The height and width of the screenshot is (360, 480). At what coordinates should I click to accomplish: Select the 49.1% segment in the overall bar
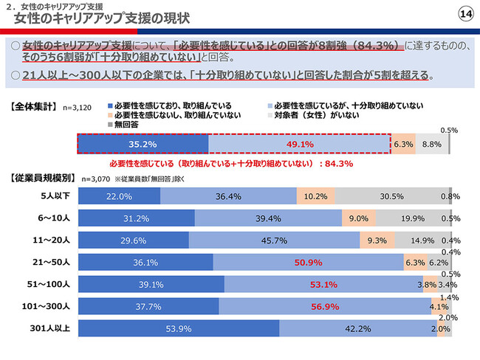coord(299,145)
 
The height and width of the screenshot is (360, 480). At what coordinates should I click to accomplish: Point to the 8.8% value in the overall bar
coord(431,145)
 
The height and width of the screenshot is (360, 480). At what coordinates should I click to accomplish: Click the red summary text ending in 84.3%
coord(230,163)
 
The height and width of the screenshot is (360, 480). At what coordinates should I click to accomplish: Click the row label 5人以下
coord(55,196)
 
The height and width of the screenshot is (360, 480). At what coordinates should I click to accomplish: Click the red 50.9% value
coord(308,262)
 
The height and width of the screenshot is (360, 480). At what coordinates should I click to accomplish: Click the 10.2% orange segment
coord(315,196)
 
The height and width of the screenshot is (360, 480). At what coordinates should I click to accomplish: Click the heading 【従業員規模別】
coord(41,178)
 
